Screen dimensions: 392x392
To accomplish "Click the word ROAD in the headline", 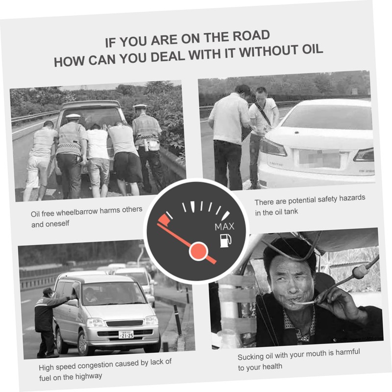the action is tap(251, 36).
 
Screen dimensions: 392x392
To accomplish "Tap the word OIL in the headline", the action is tap(312, 50).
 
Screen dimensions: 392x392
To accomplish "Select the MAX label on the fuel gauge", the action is tap(224, 226).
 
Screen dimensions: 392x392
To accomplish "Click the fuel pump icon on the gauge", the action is tap(225, 241).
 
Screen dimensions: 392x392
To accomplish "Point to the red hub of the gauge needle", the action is tap(198, 251).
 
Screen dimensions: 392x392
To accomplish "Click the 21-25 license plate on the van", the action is tap(126, 335).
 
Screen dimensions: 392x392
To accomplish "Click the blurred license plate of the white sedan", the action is tap(319, 159).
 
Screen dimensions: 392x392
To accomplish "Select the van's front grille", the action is tap(124, 323).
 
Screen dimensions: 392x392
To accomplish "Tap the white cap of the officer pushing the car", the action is tap(73, 116).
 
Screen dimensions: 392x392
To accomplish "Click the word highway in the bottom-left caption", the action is tap(89, 376).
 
